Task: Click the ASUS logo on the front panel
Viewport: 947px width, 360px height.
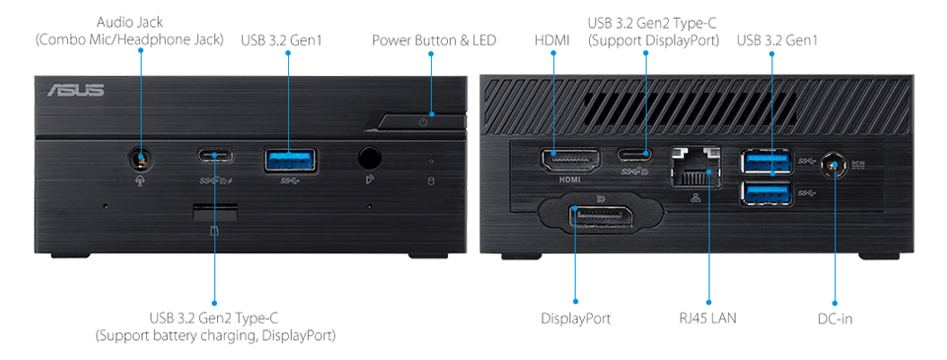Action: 75,91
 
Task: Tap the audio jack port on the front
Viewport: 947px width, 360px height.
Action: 142,157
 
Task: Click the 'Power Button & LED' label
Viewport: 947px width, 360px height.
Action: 434,40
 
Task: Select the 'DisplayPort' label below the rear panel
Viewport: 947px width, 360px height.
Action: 576,319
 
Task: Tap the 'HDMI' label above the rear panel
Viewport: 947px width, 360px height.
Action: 552,40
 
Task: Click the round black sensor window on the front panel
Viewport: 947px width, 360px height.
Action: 370,158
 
